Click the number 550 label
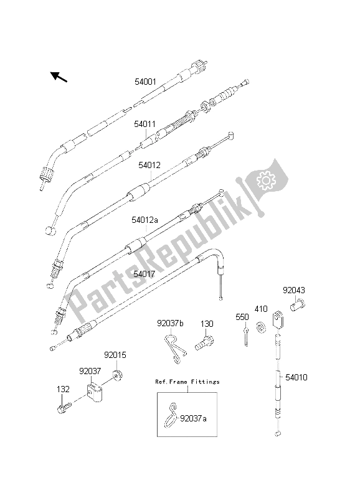pos(242,316)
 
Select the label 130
pos(206,324)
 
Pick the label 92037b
pos(169,324)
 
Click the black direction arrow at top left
pos(59,77)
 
